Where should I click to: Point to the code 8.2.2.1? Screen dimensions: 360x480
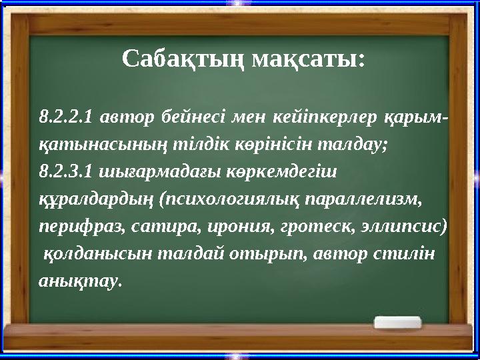pyautogui.click(x=65, y=118)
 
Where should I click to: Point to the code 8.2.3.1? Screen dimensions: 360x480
pyautogui.click(x=65, y=171)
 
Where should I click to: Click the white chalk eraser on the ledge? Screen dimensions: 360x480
pyautogui.click(x=398, y=323)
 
